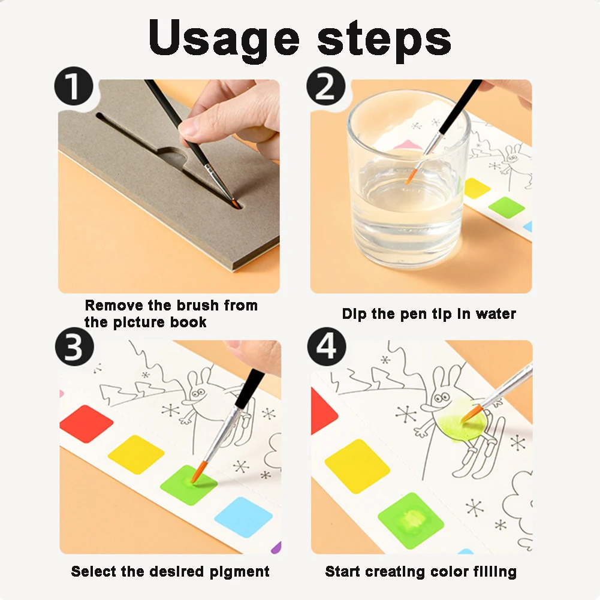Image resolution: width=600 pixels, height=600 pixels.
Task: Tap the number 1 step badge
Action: point(74,86)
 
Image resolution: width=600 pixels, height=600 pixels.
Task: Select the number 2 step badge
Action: point(325,86)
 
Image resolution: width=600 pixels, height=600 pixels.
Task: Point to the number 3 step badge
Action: point(74,346)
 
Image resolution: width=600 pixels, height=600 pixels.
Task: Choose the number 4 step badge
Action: point(327,346)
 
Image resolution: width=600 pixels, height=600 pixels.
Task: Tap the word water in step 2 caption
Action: point(496,313)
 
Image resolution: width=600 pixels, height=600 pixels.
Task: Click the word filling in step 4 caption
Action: point(495,572)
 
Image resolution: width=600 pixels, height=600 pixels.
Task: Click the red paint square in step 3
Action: point(86,424)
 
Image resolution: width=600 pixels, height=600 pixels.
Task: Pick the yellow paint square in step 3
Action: point(136,454)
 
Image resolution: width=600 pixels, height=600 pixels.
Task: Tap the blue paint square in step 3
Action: point(243,517)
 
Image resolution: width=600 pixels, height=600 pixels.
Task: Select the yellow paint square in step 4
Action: point(357,466)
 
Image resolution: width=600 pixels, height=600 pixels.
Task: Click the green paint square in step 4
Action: point(411,521)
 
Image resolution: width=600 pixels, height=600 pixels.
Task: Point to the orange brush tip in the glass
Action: point(411,176)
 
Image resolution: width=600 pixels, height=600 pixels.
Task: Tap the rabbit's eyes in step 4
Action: point(442,397)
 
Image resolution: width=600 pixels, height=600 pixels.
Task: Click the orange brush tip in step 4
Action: point(471,413)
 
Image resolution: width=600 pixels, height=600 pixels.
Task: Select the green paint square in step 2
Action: point(506,207)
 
